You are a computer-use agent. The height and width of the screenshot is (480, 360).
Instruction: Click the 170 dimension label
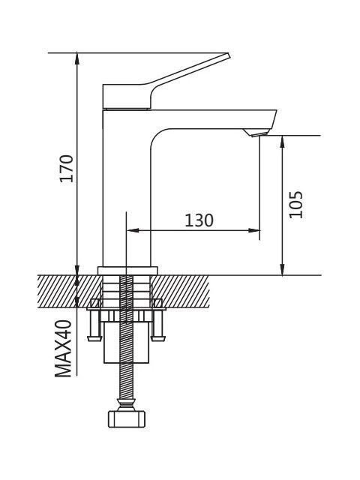point(67,168)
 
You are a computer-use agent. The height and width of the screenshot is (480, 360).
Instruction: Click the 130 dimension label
point(199,220)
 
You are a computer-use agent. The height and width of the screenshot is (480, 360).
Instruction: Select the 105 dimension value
point(296,205)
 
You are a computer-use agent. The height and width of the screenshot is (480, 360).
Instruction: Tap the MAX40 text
point(63,348)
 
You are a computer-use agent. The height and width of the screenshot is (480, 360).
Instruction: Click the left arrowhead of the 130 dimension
point(133,230)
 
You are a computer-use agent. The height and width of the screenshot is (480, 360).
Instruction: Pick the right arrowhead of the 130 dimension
point(254,230)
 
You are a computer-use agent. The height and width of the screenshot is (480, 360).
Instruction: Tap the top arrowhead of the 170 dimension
point(76,58)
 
